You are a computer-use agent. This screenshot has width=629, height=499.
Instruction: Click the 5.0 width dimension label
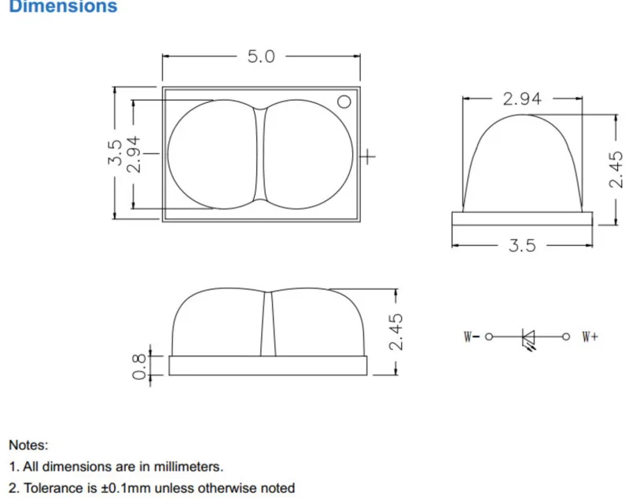pyautogui.click(x=261, y=57)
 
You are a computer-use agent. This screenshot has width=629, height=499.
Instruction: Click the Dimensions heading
pyautogui.click(x=63, y=6)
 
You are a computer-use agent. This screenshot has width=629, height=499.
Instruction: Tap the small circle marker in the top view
pyautogui.click(x=344, y=102)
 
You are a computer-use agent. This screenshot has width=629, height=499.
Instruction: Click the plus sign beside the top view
pyautogui.click(x=368, y=156)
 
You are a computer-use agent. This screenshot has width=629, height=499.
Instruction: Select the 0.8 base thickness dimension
pyautogui.click(x=139, y=366)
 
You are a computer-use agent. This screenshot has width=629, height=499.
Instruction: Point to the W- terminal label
pyautogui.click(x=471, y=336)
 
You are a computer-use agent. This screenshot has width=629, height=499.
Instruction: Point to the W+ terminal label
pyautogui.click(x=590, y=336)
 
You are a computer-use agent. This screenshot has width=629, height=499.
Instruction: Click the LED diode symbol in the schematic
pyautogui.click(x=528, y=339)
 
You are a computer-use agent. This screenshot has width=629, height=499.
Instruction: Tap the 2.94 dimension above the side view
pyautogui.click(x=522, y=98)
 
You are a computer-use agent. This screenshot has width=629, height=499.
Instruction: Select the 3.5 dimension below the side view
pyautogui.click(x=522, y=245)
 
